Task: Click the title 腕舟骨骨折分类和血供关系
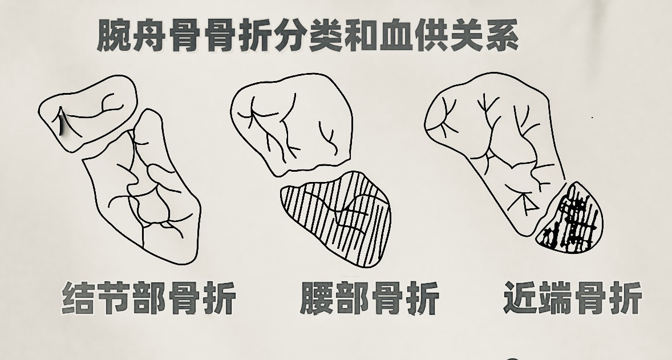tap(307, 36)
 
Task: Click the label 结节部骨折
tap(149, 298)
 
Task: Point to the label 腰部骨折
tap(369, 298)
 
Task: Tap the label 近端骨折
tap(573, 297)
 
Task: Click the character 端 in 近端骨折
tap(555, 297)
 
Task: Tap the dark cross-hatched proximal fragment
tap(570, 219)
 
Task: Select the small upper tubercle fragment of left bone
tap(88, 112)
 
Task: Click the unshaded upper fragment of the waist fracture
tap(292, 124)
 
